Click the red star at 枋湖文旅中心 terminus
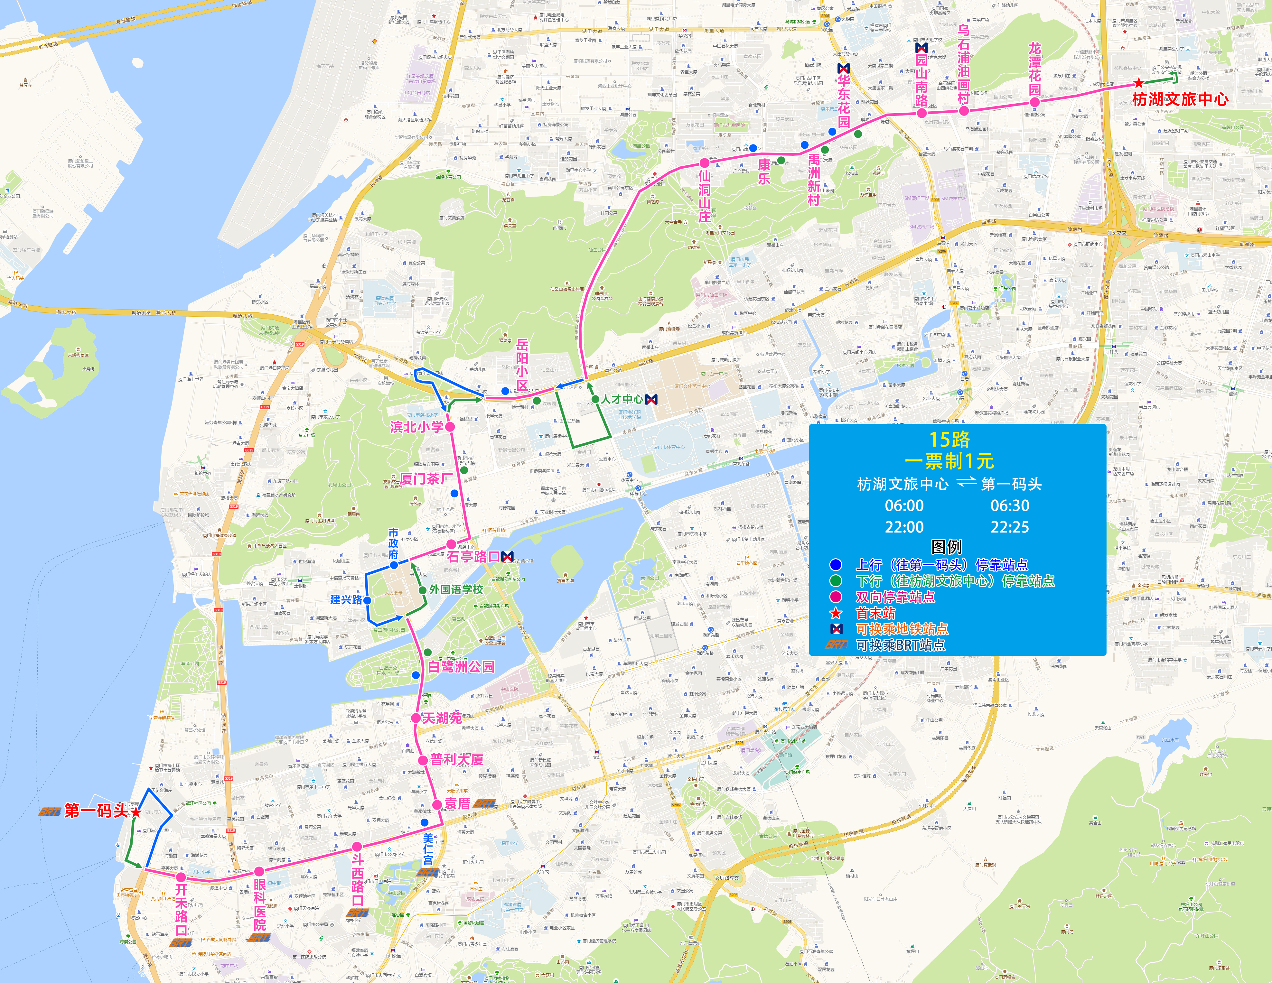click(x=1139, y=83)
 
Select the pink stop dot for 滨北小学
click(x=450, y=426)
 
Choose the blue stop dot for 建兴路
click(x=368, y=600)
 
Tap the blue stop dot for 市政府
click(x=394, y=565)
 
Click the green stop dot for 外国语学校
click(x=422, y=590)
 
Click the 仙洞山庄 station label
click(x=705, y=195)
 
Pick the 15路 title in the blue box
click(x=949, y=440)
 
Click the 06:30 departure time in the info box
click(x=1010, y=505)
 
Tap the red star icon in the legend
click(x=836, y=613)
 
